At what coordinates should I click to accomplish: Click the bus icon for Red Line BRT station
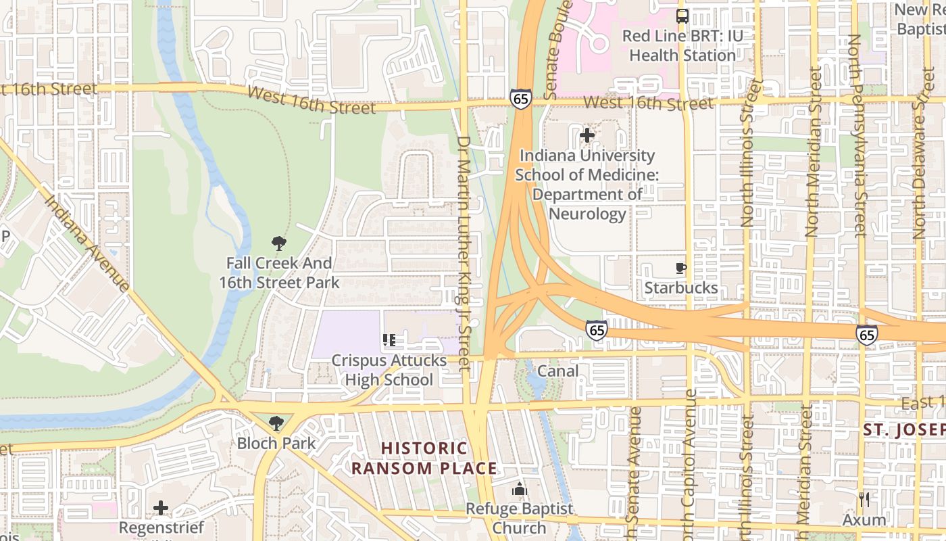[x=682, y=16]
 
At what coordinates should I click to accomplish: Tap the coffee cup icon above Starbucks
[x=681, y=268]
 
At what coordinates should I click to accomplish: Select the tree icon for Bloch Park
[x=276, y=424]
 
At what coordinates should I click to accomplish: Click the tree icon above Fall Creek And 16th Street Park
[x=278, y=243]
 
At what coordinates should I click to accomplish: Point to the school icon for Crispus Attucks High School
[x=389, y=340]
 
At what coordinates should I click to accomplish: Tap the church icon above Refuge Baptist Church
[x=520, y=489]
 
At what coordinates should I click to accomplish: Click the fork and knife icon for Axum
[x=864, y=500]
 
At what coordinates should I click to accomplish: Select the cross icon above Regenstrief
[x=161, y=507]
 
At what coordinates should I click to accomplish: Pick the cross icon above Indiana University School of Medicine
[x=587, y=135]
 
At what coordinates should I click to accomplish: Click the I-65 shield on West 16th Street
[x=520, y=99]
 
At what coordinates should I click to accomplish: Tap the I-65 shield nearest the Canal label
[x=596, y=330]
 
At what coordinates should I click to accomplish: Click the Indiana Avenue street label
[x=87, y=244]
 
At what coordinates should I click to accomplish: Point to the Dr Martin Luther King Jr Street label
[x=464, y=254]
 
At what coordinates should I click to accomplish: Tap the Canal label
[x=557, y=371]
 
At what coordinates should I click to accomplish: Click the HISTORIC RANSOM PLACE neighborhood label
[x=424, y=458]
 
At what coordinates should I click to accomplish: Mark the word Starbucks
[x=681, y=288]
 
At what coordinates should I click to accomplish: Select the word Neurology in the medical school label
[x=587, y=214]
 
